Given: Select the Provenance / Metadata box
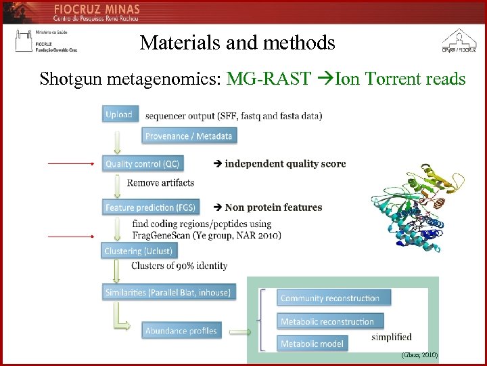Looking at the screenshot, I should pos(189,136).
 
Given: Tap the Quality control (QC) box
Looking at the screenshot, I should pos(143,164).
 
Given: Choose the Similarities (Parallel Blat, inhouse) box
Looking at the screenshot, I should pos(168,292).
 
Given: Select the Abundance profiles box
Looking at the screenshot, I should pos(181,331).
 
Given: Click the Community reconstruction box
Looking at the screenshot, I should pos(330,298).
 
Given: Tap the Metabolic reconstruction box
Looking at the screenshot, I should pos(331,321).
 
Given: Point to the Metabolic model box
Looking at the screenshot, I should pos(312,344).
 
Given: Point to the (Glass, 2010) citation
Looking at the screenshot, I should pos(419,354).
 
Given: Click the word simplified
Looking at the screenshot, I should pos(392,337).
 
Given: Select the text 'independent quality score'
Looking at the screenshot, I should pos(285,164).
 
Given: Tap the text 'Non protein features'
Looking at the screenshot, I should pos(273,207).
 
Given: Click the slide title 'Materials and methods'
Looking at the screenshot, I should pos(237,43).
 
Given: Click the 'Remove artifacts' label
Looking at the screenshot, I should pos(161,183).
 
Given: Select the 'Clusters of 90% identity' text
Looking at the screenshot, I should pos(179,266).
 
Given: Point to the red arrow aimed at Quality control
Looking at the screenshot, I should pos(70,163).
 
